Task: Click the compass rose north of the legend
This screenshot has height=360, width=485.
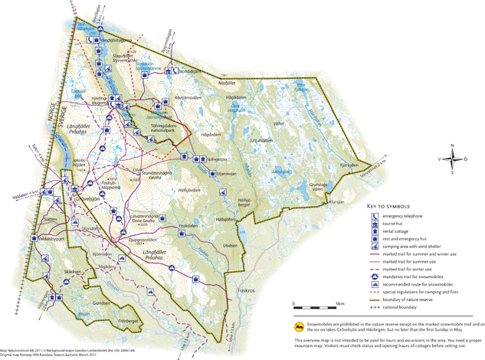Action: pyautogui.click(x=452, y=159)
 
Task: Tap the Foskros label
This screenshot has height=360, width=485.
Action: pyautogui.click(x=246, y=291)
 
